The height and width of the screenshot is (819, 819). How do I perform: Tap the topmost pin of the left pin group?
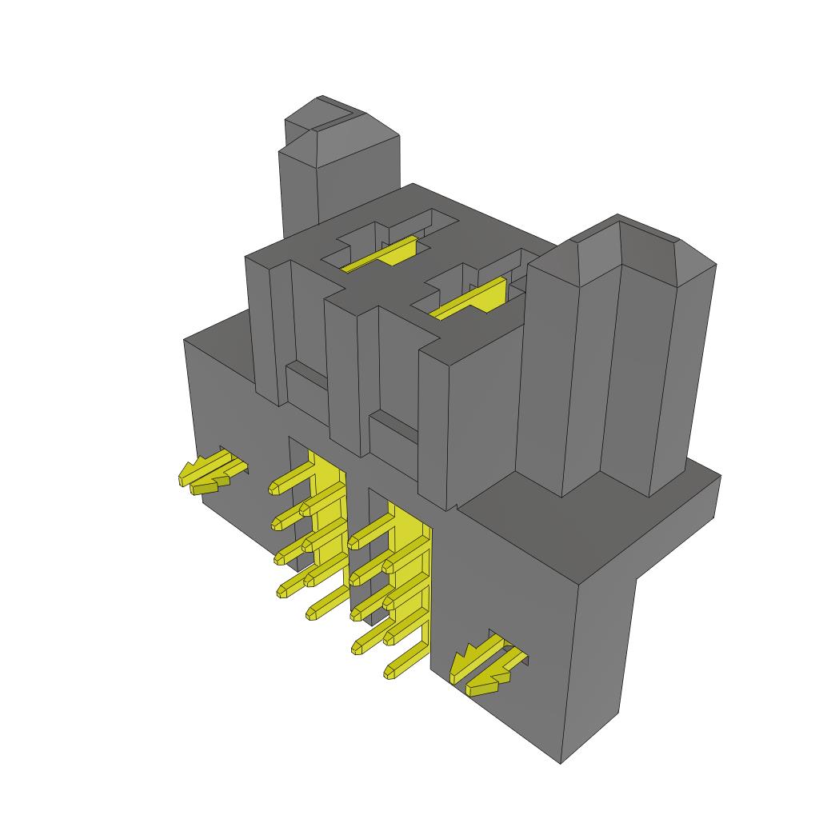(293, 476)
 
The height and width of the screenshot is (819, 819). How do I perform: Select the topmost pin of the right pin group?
(372, 531)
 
